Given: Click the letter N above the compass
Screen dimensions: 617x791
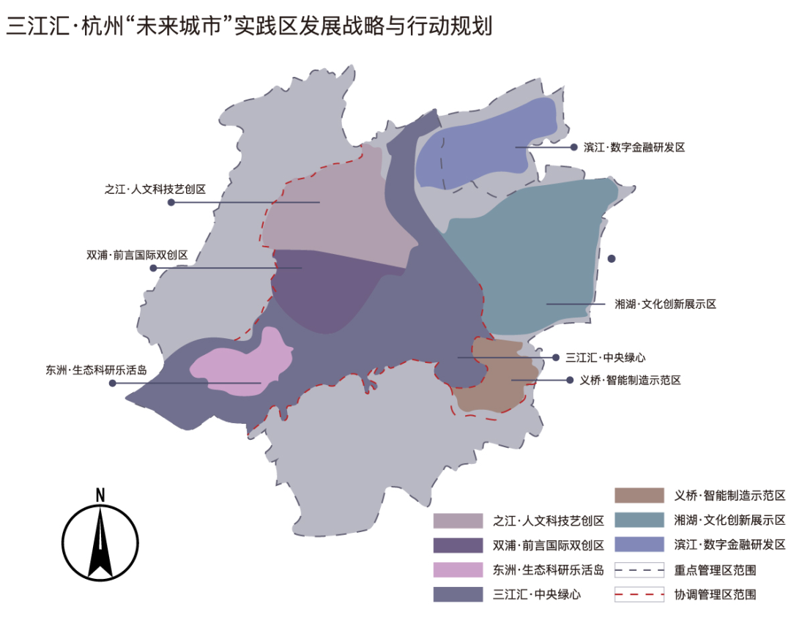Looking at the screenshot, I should click(100, 496).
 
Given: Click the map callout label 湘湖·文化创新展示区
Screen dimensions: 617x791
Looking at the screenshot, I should click(666, 304).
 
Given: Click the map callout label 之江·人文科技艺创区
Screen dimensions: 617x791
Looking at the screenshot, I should click(155, 189).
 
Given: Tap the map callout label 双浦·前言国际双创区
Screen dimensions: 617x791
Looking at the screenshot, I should click(137, 255).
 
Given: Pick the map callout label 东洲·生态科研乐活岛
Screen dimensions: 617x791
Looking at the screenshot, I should click(96, 370).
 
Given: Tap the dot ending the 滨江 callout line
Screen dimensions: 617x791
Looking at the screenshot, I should click(575, 147).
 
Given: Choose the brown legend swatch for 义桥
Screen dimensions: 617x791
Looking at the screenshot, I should click(639, 496).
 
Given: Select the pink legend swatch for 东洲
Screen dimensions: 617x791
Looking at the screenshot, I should click(458, 569).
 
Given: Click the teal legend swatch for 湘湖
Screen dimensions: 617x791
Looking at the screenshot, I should click(639, 520).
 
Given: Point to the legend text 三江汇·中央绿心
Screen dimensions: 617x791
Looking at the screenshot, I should click(538, 594).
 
